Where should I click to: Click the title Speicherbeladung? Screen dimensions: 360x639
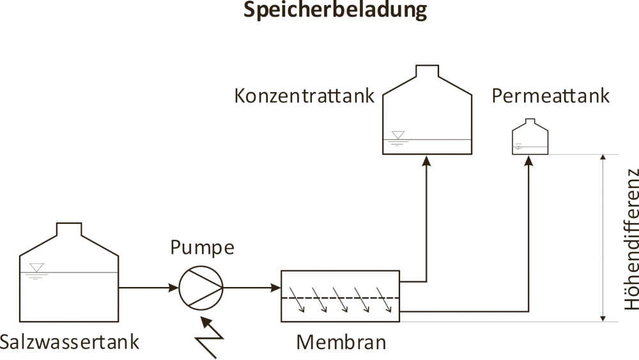[335, 11]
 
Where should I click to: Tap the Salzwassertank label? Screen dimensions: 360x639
[70, 342]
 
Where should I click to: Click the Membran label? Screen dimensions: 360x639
[341, 342]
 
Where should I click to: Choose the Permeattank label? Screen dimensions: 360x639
[551, 96]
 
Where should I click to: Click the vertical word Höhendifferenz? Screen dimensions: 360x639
[631, 239]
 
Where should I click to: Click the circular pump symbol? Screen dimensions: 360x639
[200, 288]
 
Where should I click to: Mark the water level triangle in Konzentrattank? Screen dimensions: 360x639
[398, 135]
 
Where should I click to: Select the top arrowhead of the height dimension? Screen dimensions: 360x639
[602, 159]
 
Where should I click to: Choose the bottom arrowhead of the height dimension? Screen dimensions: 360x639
[602, 317]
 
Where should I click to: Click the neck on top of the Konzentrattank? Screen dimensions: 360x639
[427, 70]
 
